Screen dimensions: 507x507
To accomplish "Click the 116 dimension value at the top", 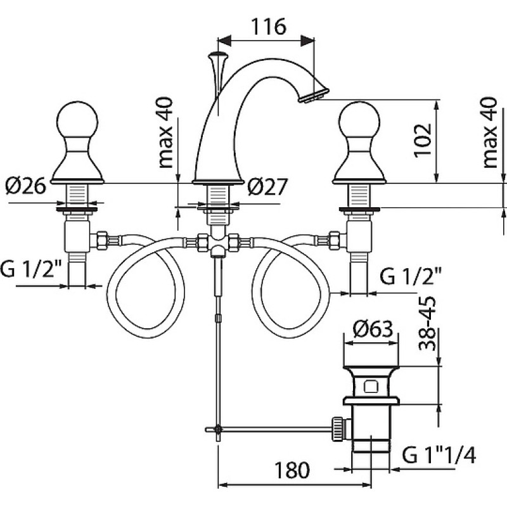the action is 268,27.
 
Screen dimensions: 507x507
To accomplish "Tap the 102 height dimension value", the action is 423,141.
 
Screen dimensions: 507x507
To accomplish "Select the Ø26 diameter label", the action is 26,186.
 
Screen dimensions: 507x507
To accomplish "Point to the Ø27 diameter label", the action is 267,187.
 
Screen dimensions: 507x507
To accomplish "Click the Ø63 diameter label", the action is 373,329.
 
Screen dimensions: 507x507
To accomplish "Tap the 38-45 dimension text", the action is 427,324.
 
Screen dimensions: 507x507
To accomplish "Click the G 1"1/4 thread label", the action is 439,456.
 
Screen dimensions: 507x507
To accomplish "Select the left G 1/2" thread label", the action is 31,269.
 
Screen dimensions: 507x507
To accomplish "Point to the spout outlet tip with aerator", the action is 314,95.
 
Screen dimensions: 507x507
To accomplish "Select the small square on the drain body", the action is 371,387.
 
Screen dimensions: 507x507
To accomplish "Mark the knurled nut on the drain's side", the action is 337,428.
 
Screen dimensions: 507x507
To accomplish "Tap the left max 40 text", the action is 165,132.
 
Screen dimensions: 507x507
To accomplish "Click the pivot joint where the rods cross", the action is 219,429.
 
